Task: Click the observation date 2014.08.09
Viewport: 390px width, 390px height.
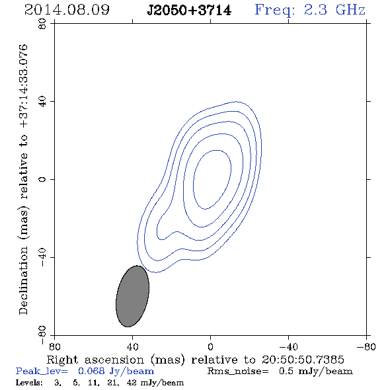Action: tap(67, 10)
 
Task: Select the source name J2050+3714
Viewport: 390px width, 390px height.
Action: tap(189, 11)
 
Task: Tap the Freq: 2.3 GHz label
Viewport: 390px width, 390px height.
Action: tap(310, 11)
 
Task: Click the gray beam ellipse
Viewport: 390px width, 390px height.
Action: tap(133, 296)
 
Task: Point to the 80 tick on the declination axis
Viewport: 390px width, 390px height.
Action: tap(42, 24)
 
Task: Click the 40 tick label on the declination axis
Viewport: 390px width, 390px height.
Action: tap(42, 102)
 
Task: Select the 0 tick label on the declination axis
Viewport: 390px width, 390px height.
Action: tap(42, 179)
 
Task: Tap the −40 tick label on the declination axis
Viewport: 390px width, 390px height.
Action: tap(42, 257)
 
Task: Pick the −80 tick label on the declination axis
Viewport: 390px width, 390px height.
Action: tap(42, 335)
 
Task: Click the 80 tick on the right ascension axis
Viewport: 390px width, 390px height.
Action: tap(54, 347)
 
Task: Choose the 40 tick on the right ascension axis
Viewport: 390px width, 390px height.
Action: tap(133, 347)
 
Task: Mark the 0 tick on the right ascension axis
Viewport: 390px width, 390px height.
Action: tap(211, 347)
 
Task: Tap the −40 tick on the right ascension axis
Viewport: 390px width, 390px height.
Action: tap(288, 347)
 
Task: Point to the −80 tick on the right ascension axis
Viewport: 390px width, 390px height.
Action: tap(366, 347)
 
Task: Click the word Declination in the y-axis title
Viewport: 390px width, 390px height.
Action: tap(23, 281)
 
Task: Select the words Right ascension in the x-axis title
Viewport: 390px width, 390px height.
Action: tap(95, 360)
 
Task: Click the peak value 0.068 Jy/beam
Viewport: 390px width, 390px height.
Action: tap(116, 371)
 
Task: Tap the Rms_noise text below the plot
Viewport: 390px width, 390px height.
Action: tap(238, 371)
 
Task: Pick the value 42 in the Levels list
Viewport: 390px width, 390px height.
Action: tap(132, 383)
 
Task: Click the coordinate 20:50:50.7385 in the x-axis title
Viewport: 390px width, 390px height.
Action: tap(303, 360)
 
